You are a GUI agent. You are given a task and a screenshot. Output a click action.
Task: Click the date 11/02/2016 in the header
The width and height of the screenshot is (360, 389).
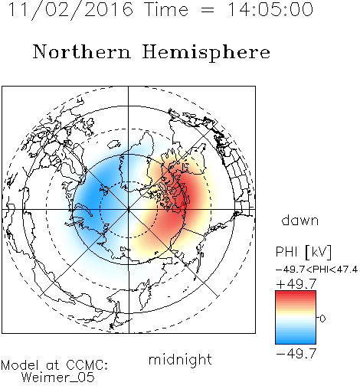70,10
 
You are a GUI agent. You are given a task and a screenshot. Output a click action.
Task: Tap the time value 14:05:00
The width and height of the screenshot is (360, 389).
270,10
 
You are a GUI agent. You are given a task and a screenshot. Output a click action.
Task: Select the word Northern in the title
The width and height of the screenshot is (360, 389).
82,52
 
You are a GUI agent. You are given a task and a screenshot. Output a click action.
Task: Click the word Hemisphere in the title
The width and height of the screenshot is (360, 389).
206,53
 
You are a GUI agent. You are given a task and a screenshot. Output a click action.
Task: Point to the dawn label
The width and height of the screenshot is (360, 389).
300,220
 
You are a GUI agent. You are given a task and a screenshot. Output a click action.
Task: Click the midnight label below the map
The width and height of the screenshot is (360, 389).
180,360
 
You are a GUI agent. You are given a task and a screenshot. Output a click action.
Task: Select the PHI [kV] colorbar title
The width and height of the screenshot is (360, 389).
303,252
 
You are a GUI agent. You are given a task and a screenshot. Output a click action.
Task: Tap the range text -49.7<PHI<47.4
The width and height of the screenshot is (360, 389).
316,270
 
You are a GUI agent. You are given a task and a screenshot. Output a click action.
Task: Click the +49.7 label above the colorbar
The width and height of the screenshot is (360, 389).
296,283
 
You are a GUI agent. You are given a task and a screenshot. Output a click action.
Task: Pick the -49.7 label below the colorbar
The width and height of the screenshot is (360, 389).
296,354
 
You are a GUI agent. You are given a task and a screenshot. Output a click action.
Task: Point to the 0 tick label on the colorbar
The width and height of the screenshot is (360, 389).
322,319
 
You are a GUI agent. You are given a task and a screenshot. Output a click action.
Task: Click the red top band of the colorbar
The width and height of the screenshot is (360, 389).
296,294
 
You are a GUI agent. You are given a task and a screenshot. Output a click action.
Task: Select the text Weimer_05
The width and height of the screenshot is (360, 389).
58,378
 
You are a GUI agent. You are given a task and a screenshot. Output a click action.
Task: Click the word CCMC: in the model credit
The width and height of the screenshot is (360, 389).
87,365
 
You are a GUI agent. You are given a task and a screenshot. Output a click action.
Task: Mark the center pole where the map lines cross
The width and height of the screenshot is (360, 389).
129,209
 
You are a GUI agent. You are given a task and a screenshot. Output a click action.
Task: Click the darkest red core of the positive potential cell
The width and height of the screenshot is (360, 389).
183,198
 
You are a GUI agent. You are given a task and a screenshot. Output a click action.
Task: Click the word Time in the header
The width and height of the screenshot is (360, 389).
166,9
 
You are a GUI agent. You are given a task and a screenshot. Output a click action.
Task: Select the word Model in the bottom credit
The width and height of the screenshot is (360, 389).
21,365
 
